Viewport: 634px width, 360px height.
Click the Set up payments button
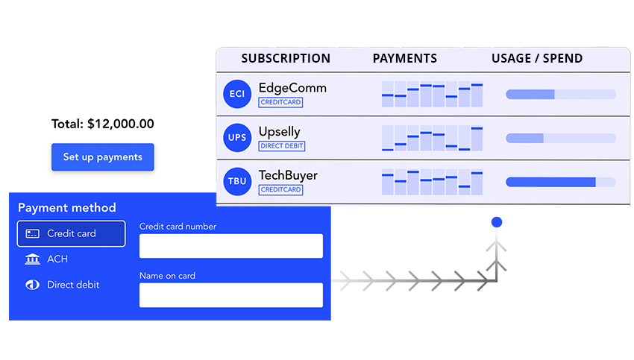point(102,157)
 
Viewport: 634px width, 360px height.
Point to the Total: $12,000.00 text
point(102,124)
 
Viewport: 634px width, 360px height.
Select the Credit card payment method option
point(71,233)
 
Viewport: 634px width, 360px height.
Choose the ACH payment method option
point(57,259)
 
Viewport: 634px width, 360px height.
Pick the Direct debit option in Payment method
point(72,285)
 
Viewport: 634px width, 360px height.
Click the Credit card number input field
point(230,246)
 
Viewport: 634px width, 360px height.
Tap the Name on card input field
point(230,294)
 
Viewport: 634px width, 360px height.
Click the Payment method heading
point(67,208)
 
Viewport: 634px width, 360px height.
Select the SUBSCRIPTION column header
point(286,58)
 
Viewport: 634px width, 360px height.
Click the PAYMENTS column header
point(405,58)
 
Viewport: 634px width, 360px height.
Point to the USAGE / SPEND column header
point(537,58)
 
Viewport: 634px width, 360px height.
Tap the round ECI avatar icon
point(237,94)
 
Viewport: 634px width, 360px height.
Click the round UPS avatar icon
point(237,138)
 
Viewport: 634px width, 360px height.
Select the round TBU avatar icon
point(237,182)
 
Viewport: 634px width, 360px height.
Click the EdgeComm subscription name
point(292,88)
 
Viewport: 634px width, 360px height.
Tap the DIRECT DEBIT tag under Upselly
point(282,146)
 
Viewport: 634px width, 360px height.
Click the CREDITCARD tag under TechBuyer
point(280,190)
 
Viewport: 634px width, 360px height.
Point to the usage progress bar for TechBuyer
point(560,182)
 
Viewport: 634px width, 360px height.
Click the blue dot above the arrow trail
point(497,222)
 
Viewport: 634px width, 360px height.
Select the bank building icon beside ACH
point(32,259)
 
